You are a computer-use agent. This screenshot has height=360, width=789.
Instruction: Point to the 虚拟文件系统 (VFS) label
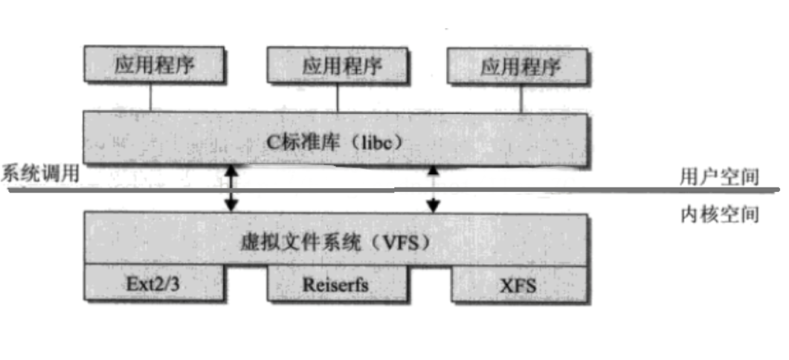[x=335, y=242]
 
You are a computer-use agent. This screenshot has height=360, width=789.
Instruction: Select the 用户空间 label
[x=718, y=177]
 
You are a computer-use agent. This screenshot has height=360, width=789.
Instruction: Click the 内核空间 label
[x=718, y=215]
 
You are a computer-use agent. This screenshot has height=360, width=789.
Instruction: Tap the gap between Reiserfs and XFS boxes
[x=430, y=286]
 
